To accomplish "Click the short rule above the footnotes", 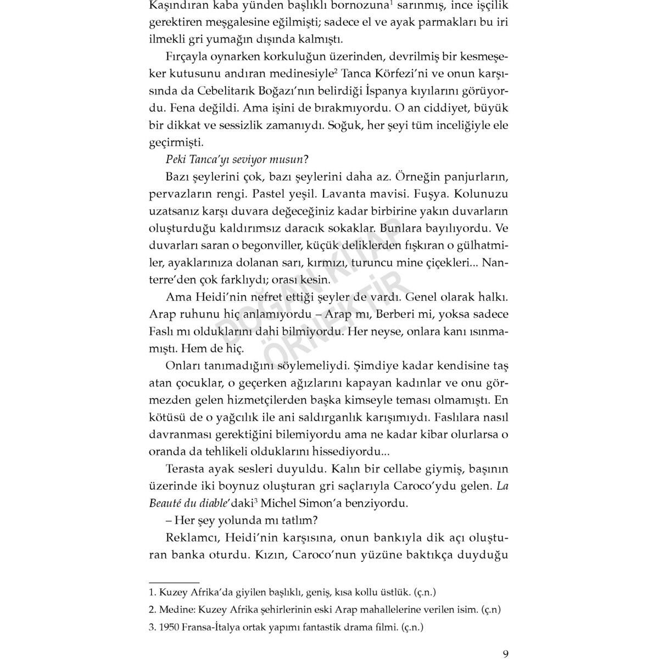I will pyautogui.click(x=174, y=580).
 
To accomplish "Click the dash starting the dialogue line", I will pyautogui.click(x=169, y=520).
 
